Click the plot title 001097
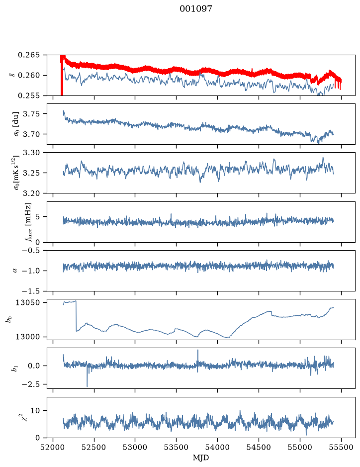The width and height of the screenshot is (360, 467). (195, 9)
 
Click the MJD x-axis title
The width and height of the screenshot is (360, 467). (201, 458)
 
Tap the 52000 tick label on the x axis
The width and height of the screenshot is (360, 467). (53, 448)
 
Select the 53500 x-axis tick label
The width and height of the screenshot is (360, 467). (177, 448)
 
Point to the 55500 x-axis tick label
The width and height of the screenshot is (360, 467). (341, 448)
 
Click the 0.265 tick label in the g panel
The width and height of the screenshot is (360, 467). (28, 55)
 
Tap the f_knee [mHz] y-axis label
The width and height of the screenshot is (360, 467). (28, 222)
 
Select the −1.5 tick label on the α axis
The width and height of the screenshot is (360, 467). (31, 291)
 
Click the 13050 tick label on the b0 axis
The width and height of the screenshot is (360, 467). (27, 302)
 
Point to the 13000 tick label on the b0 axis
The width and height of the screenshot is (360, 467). (27, 337)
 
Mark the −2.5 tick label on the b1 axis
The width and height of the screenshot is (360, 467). (31, 384)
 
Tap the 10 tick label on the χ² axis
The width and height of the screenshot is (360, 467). (35, 411)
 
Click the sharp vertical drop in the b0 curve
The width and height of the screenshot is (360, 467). (76, 316)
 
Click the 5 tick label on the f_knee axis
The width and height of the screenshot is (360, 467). (37, 216)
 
